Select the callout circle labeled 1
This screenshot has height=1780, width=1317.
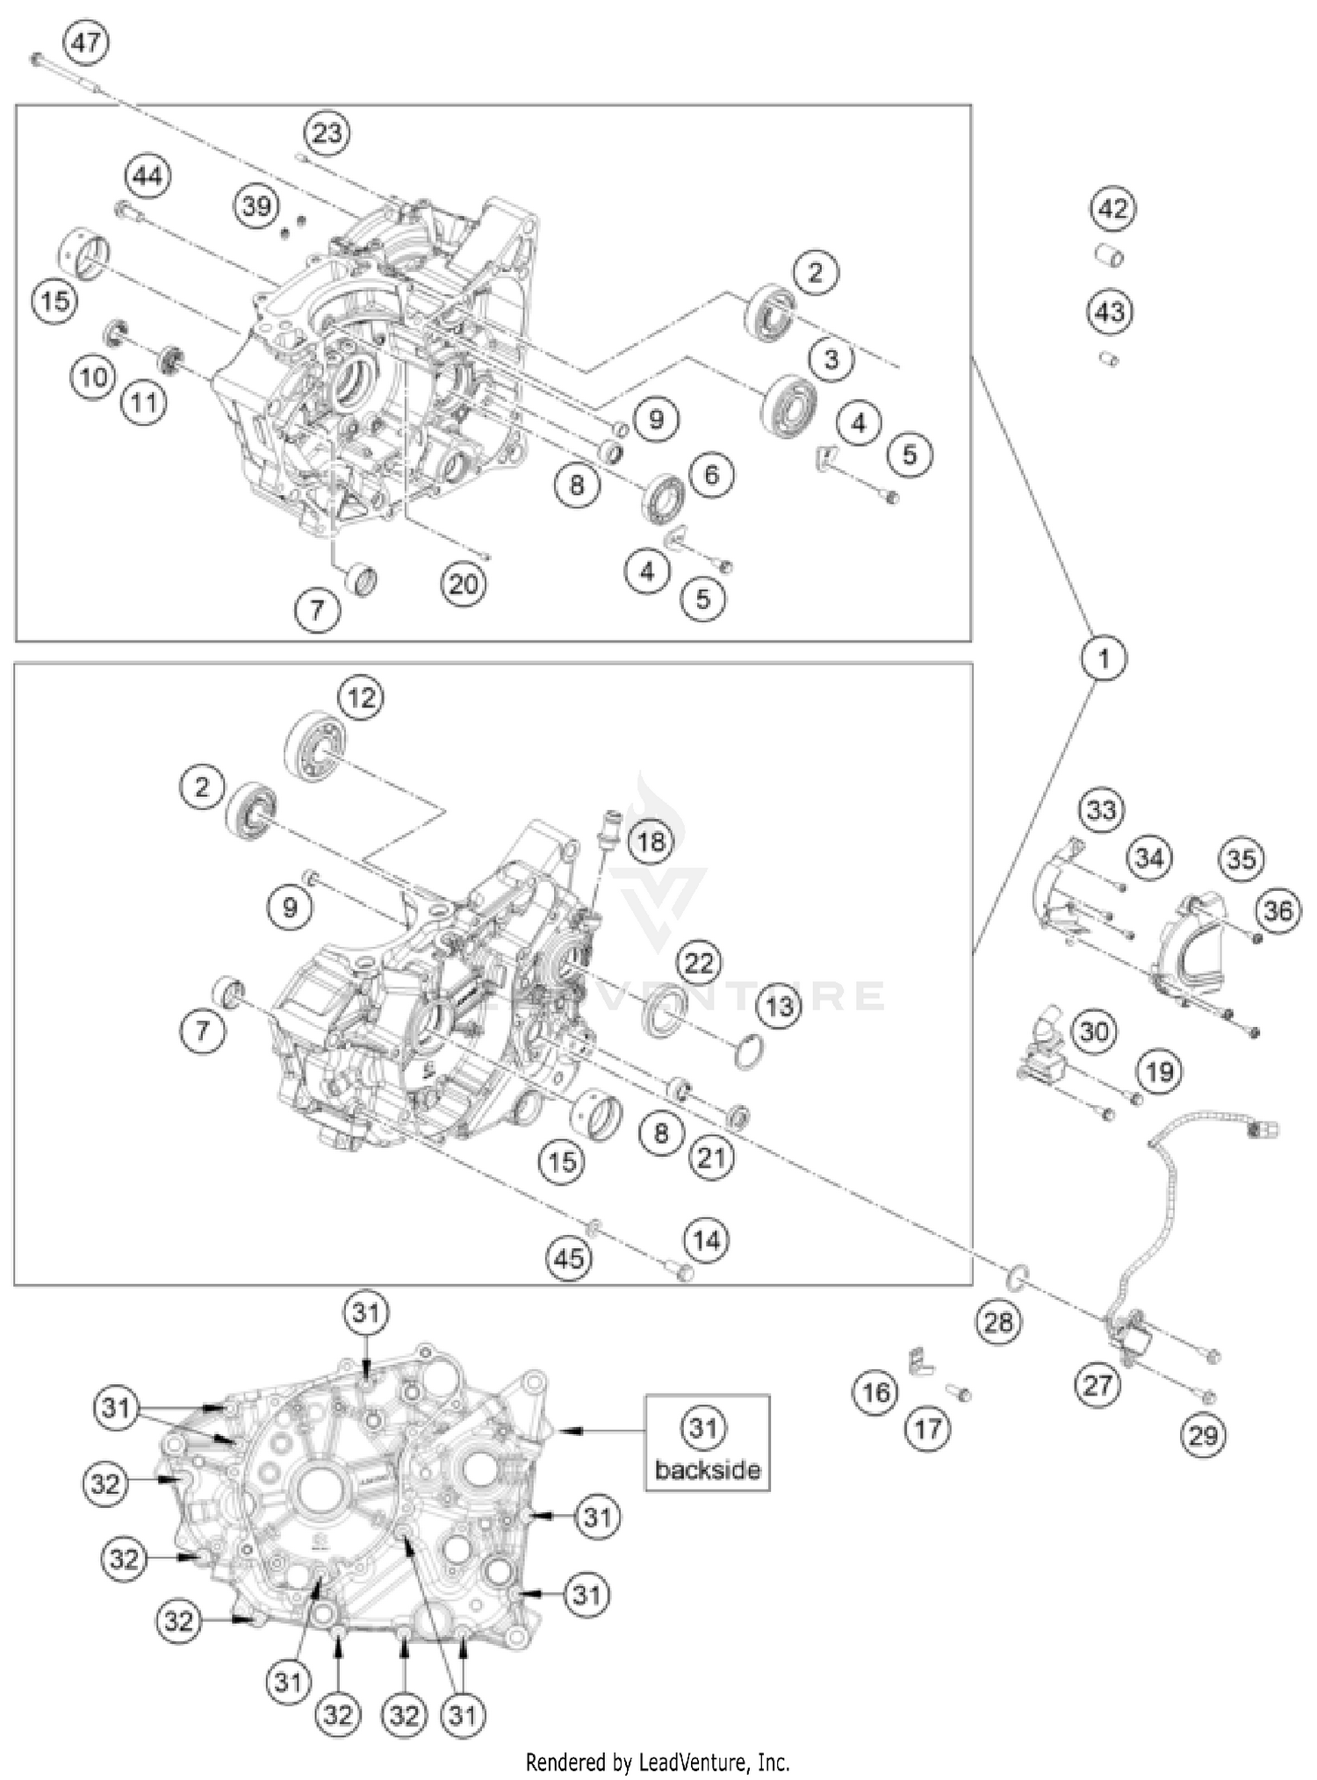(x=1104, y=657)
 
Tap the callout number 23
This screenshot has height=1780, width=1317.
(x=327, y=133)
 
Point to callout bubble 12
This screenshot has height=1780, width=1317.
(x=361, y=698)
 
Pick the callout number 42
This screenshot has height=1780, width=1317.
(x=1112, y=209)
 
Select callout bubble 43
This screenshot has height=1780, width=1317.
(x=1110, y=312)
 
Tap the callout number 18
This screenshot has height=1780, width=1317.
(x=651, y=842)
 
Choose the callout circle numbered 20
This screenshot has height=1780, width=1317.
(x=464, y=584)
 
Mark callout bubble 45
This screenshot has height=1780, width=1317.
(x=568, y=1258)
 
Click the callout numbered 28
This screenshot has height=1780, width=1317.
(x=998, y=1321)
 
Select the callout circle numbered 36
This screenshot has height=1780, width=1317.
(x=1277, y=911)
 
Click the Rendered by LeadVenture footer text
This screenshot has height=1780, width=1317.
(x=657, y=1761)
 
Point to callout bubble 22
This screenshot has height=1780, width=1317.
(x=699, y=963)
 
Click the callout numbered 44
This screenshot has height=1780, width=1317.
(x=148, y=176)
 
